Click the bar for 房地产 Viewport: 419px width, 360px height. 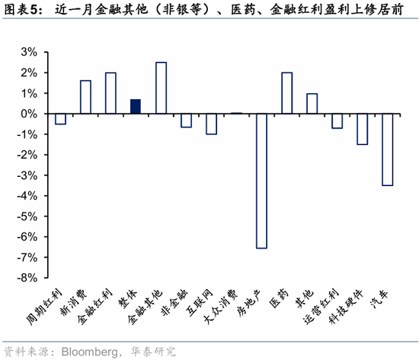coord(261,181)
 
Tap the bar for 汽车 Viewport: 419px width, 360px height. coord(387,149)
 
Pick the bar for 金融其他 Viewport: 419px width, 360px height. coord(161,88)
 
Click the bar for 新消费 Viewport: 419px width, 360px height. coord(85,97)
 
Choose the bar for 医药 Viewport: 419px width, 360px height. coord(286,93)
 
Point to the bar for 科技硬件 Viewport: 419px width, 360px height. coord(362,129)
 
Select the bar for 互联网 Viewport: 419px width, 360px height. coord(211,124)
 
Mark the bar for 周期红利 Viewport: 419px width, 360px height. coord(60,119)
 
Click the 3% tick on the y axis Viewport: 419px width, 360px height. coord(28,52)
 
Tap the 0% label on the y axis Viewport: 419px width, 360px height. coord(28,114)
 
